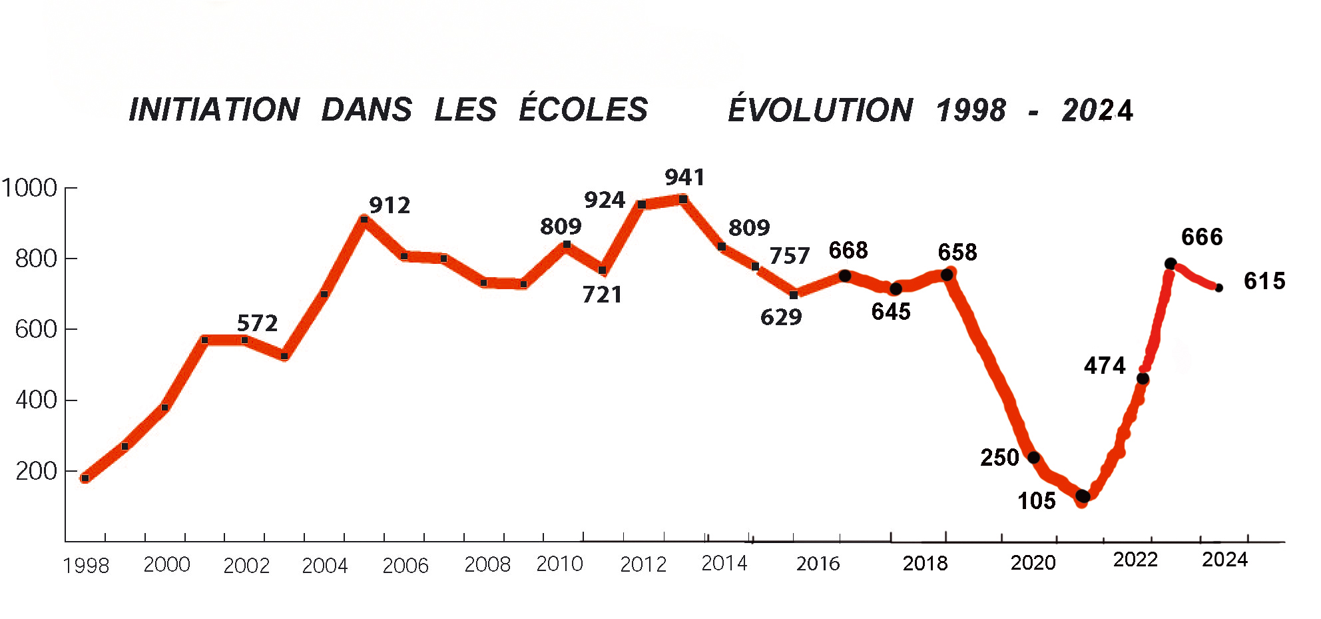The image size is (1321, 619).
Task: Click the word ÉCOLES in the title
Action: click(583, 109)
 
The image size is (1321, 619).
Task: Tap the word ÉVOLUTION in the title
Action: click(820, 110)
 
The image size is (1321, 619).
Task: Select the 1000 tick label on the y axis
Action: click(29, 188)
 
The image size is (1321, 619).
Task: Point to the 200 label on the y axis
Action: click(36, 471)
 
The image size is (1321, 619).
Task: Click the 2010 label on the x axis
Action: click(559, 564)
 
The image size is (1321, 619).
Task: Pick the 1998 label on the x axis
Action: click(86, 566)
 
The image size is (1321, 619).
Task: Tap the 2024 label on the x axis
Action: click(1224, 560)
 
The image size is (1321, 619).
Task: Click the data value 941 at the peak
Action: click(684, 177)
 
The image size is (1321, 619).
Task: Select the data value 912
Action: click(390, 205)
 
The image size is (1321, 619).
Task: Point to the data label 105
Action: click(1036, 501)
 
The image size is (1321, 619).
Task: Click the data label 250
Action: click(999, 458)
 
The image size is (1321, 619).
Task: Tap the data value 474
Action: click(1105, 366)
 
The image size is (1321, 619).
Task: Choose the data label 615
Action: click(1264, 281)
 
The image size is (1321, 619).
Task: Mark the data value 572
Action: click(257, 324)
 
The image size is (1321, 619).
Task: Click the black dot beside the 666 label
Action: click(1171, 264)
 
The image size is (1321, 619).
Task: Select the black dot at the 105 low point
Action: click(1083, 496)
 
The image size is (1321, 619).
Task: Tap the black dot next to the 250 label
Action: click(1033, 458)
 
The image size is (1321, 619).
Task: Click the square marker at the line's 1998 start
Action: click(85, 478)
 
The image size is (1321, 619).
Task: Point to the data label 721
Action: click(602, 295)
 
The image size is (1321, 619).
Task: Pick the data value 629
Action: click(781, 317)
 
